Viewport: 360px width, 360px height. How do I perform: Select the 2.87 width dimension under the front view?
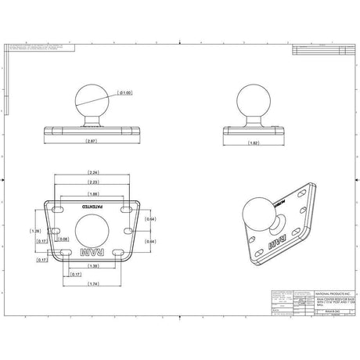[x=91, y=142]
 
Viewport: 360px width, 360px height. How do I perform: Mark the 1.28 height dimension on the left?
[x=34, y=231]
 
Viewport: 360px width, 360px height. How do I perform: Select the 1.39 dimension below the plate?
[x=94, y=267]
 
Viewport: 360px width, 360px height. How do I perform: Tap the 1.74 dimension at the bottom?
[x=94, y=283]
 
